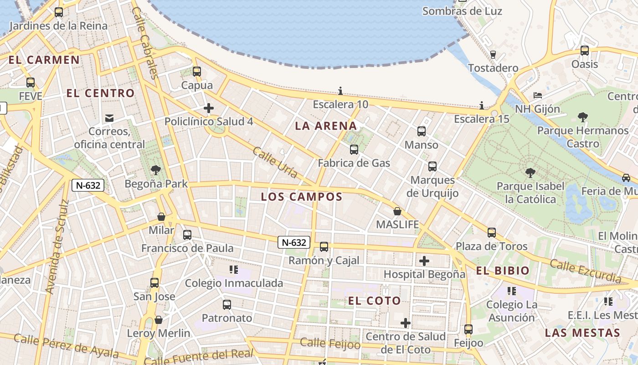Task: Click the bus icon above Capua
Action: [x=197, y=72]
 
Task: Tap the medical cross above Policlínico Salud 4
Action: [x=209, y=108]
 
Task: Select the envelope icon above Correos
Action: [x=109, y=118]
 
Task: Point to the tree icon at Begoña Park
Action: [x=156, y=171]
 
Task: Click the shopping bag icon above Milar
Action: [x=161, y=217]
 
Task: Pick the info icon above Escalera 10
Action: [x=340, y=91]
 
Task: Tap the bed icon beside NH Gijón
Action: [x=538, y=95]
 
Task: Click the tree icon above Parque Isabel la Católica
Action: [x=530, y=173]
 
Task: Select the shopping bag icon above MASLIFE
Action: [x=397, y=211]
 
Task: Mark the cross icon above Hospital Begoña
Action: [x=424, y=261]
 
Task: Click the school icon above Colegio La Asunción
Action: [x=512, y=291]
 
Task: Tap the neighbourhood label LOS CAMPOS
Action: [x=301, y=197]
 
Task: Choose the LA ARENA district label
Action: [x=326, y=126]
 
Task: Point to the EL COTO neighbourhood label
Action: [x=375, y=301]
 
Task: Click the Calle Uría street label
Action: [x=275, y=162]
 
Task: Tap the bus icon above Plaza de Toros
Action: [x=491, y=233]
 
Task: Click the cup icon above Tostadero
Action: [x=493, y=55]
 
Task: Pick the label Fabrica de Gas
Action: [x=354, y=163]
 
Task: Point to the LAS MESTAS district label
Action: [x=582, y=333]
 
